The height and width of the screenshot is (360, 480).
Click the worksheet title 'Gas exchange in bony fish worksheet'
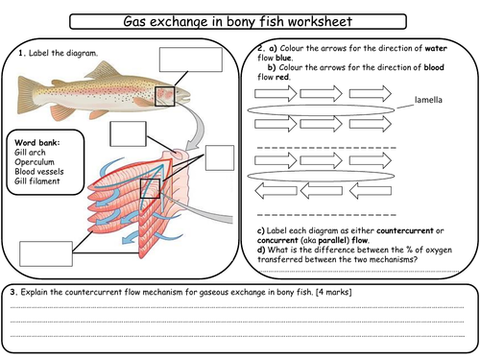coord(238,21)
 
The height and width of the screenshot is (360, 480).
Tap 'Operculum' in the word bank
coord(35,162)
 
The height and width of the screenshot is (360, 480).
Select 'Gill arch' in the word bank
coord(30,153)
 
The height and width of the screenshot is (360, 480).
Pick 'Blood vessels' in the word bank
coord(39,172)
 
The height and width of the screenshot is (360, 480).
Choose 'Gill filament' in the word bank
coord(37,181)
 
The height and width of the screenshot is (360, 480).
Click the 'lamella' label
coord(428,100)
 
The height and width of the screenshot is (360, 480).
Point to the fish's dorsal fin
coord(102,70)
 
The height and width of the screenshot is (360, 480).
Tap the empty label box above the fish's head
coord(191,60)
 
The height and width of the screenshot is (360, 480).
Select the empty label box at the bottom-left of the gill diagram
coord(46,253)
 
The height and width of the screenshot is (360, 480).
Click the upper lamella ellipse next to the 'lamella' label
coord(321,110)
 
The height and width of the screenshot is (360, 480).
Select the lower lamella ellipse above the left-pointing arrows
coord(321,176)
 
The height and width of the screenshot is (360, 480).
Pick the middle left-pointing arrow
coord(321,191)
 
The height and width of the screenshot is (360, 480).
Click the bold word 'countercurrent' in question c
coord(405,230)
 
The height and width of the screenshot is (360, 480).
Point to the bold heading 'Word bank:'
coord(37,143)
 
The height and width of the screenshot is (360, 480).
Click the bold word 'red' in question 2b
coord(281,77)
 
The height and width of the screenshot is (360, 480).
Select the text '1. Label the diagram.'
coord(58,53)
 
